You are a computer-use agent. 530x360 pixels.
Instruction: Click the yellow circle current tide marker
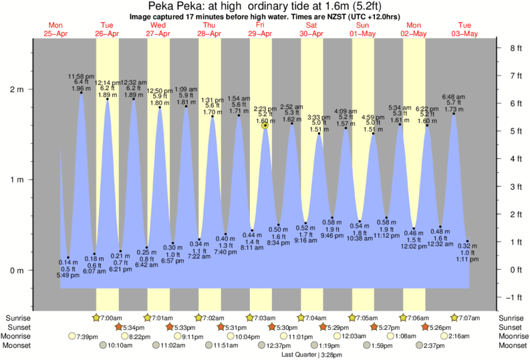tap(265, 125)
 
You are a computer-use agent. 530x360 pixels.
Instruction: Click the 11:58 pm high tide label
tap(80, 77)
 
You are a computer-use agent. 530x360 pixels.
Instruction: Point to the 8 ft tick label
tap(515, 48)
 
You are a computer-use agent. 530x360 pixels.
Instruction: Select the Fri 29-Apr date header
tap(259, 29)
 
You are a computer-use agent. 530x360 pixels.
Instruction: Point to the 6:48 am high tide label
tap(454, 98)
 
